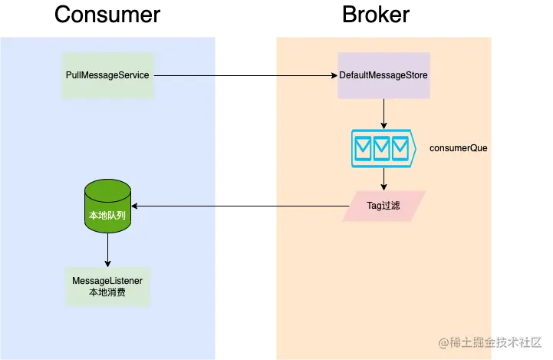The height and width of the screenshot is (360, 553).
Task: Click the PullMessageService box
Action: pyautogui.click(x=107, y=75)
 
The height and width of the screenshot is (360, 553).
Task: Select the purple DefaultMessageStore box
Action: pyautogui.click(x=383, y=75)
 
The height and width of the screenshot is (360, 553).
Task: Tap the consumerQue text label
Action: pyautogui.click(x=458, y=147)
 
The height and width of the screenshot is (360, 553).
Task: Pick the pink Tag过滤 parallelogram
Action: pyautogui.click(x=383, y=206)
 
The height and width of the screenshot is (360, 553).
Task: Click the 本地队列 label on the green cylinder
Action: pyautogui.click(x=107, y=216)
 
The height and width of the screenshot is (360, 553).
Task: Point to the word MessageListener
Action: pyautogui.click(x=107, y=281)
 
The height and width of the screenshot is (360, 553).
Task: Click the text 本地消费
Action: pyautogui.click(x=107, y=292)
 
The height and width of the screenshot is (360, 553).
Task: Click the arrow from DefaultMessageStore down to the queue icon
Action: pyautogui.click(x=383, y=113)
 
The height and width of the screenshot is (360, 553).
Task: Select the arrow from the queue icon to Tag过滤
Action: pyautogui.click(x=383, y=178)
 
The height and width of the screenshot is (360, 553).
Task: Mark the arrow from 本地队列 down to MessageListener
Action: pyautogui.click(x=107, y=248)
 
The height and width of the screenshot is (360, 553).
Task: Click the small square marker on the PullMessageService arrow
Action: pyautogui.click(x=219, y=76)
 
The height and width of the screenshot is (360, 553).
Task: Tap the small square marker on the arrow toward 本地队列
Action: pyautogui.click(x=219, y=206)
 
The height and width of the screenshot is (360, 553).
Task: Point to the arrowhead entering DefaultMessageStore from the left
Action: pyautogui.click(x=334, y=76)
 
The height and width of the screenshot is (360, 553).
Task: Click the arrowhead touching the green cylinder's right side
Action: pyautogui.click(x=135, y=206)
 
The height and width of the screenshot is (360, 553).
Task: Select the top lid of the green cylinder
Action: pyautogui.click(x=107, y=188)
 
